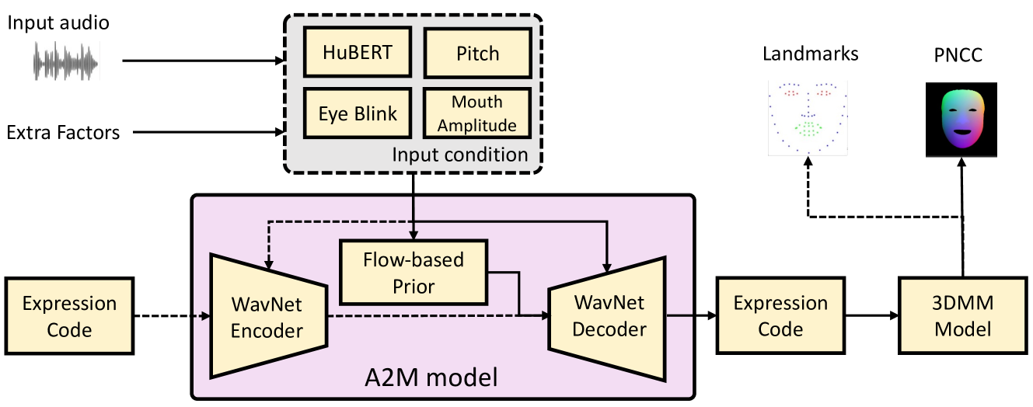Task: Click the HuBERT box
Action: coord(358,52)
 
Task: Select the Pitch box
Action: coord(478,53)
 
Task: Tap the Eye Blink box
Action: coord(358,113)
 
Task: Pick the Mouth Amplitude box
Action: coord(476,113)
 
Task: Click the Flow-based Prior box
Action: coord(414,273)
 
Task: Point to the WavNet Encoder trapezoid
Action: coord(268,316)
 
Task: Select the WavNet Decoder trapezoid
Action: coord(607,318)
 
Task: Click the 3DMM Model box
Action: coord(962,316)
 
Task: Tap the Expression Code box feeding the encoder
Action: coord(70,316)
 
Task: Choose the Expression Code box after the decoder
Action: coord(780,316)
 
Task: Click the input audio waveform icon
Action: coord(66,61)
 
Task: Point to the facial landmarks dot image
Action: coord(808,118)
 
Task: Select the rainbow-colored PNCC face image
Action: coord(961,120)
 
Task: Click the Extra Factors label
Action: coord(63,133)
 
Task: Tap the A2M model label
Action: coord(431,377)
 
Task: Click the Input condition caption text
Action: coord(460,155)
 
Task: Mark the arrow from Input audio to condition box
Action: coord(203,61)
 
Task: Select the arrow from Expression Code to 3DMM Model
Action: coord(871,316)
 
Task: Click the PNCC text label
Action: coord(958,55)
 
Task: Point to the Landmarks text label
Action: coord(810,54)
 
